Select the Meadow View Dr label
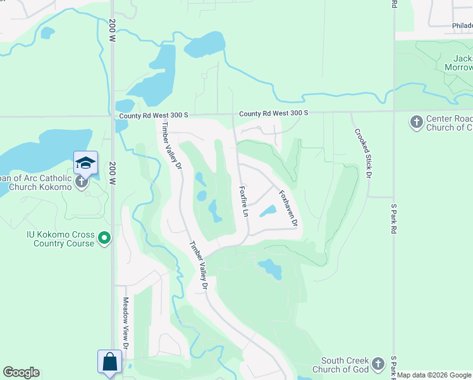125,323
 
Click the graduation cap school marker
85,163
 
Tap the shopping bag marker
109,362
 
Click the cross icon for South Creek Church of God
378,364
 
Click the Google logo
21,372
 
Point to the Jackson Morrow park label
458,63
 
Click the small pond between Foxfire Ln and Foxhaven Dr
268,210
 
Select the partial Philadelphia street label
462,26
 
